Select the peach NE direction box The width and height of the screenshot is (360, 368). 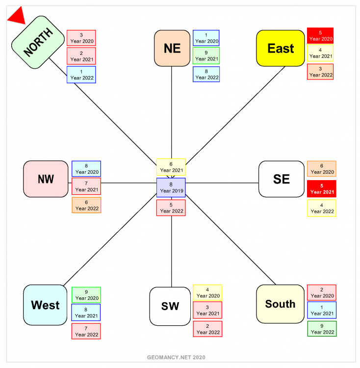(172, 48)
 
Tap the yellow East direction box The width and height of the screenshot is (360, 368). (281, 48)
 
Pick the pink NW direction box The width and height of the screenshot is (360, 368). (46, 179)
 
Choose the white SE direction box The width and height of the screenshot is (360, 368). (281, 179)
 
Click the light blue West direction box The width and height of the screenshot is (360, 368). (45, 305)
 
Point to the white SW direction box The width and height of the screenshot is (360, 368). (170, 306)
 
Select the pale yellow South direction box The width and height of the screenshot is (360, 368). (280, 304)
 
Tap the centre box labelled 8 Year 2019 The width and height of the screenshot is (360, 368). (171, 187)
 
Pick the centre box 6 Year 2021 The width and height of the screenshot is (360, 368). (171, 167)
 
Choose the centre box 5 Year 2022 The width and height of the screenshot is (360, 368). (171, 208)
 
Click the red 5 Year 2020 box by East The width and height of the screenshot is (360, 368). (320, 35)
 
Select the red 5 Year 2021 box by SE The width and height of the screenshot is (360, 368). (322, 189)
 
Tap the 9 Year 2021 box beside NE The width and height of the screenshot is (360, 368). (206, 55)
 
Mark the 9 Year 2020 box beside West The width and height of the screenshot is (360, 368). (86, 294)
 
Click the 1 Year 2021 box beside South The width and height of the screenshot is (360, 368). (322, 310)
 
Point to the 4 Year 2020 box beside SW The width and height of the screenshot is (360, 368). (207, 292)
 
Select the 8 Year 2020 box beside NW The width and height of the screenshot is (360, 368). (86, 169)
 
